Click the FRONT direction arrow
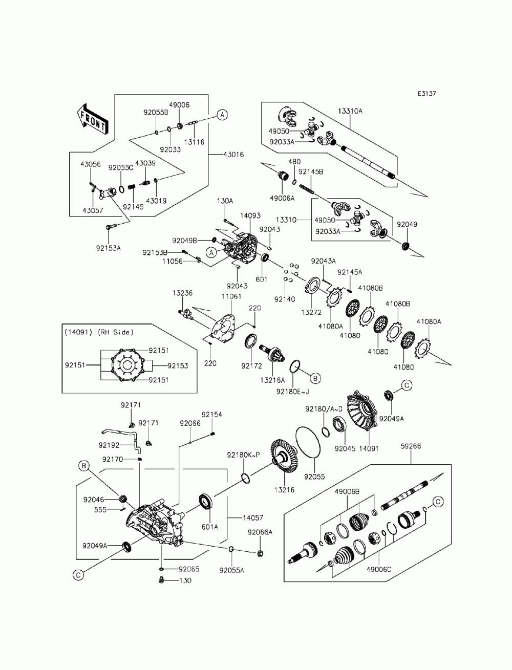(x=92, y=119)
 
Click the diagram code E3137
(x=426, y=93)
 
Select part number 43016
(x=233, y=155)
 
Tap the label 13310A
(x=350, y=111)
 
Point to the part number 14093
(x=250, y=215)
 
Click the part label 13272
(x=311, y=313)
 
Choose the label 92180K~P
(x=243, y=455)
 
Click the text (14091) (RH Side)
(x=99, y=332)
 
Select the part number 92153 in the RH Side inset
(x=178, y=365)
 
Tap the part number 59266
(x=411, y=446)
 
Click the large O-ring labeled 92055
(x=308, y=443)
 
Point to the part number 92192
(x=109, y=445)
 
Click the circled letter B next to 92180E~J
(x=315, y=378)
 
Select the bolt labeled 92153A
(x=111, y=227)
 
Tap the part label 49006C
(x=378, y=569)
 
